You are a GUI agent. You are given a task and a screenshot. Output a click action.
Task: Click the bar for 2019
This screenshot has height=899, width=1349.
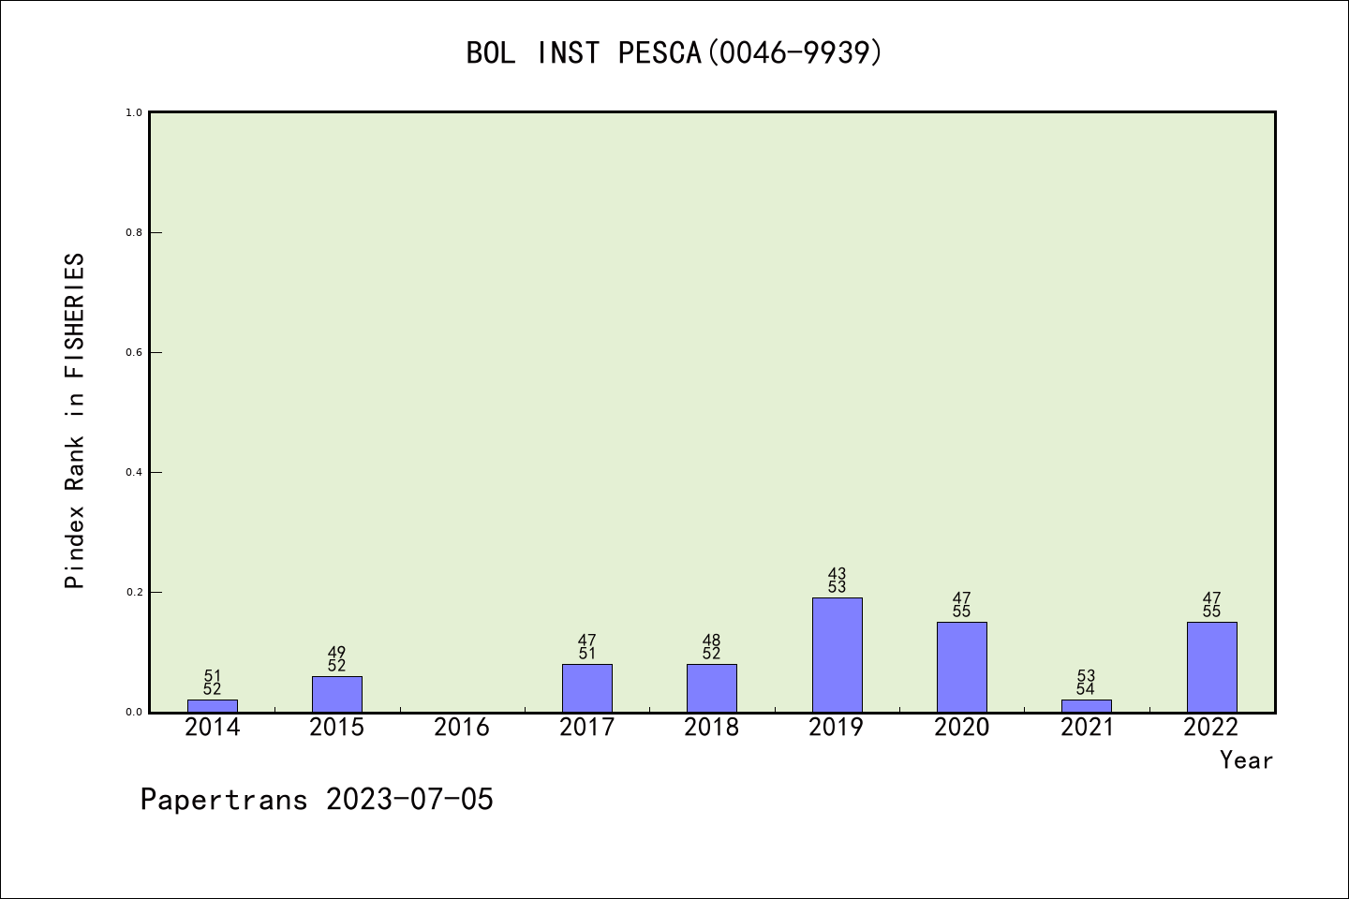click(x=837, y=655)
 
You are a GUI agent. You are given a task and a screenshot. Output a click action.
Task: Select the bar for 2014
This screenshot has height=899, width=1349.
click(x=213, y=705)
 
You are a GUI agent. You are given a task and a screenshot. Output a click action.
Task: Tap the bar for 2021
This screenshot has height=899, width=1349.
click(x=1086, y=705)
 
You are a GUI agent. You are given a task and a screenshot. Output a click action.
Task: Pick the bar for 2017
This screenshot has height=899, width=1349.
click(x=587, y=688)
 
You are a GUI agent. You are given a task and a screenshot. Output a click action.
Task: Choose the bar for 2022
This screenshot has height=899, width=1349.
click(x=1211, y=667)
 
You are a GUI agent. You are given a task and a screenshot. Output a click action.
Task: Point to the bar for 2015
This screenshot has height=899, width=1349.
click(x=337, y=694)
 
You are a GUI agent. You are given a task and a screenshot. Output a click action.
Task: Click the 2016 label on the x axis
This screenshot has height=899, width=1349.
click(x=462, y=728)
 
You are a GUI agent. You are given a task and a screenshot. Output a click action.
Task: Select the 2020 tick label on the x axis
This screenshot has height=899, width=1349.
click(x=961, y=728)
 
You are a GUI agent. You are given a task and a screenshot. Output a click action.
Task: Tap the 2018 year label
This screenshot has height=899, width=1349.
click(x=712, y=728)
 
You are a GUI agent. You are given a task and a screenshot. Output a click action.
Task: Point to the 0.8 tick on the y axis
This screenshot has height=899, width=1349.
click(x=134, y=232)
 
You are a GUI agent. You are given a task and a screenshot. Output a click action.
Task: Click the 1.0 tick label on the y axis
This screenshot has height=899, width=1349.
click(x=134, y=112)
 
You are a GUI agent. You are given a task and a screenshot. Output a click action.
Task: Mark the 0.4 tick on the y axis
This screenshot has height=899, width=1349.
click(x=134, y=472)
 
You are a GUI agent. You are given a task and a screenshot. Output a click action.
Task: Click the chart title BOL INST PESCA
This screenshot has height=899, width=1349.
click(x=674, y=52)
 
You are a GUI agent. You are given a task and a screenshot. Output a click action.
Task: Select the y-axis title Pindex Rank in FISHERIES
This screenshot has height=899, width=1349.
click(x=75, y=421)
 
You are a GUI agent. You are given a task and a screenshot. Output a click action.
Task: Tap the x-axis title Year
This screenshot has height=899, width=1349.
click(x=1246, y=760)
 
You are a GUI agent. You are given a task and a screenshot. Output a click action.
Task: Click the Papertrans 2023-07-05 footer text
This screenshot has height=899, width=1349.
click(x=317, y=800)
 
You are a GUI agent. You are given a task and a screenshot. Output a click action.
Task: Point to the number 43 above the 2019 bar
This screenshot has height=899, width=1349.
click(x=837, y=574)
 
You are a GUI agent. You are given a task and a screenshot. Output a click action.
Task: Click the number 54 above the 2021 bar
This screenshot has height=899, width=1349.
click(x=1086, y=690)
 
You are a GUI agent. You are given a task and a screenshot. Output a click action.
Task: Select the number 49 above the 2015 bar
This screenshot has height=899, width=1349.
click(x=337, y=653)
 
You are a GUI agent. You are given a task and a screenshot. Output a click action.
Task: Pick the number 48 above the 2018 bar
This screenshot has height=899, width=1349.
click(x=712, y=641)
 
